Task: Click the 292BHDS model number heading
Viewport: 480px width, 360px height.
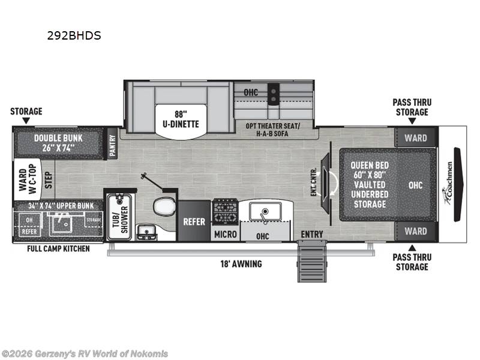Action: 74,35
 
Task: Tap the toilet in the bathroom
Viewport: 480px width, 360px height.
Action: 163,207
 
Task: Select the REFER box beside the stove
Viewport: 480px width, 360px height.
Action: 194,221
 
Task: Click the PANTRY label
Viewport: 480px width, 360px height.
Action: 113,144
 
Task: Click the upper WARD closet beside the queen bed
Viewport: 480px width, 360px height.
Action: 415,137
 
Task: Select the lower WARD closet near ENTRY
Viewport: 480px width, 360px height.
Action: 415,231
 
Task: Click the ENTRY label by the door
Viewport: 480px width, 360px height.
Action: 312,234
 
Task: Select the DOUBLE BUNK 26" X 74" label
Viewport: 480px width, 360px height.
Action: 58,142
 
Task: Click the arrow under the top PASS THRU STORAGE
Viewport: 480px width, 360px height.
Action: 412,121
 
